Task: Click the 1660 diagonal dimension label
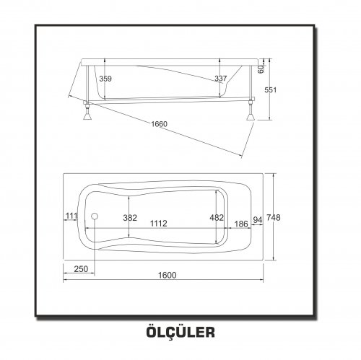click(159, 124)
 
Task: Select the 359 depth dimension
click(105, 79)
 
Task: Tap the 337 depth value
click(221, 79)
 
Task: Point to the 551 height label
click(271, 90)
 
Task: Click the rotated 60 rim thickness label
click(261, 69)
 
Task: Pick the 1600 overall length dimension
click(168, 275)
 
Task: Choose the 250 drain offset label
click(81, 269)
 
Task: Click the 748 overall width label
click(274, 218)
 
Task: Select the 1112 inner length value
click(159, 224)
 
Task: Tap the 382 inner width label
click(130, 218)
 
